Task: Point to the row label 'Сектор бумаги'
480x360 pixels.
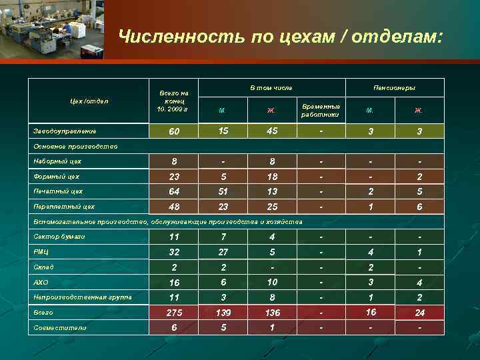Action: tap(59, 237)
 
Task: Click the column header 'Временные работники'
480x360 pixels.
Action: tap(321, 110)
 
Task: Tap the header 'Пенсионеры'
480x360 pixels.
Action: tap(395, 87)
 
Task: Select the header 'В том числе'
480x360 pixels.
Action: tap(271, 87)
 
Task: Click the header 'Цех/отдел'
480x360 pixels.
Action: tap(89, 101)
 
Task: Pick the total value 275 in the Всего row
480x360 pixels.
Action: tap(174, 313)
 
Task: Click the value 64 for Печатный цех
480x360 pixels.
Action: tap(174, 192)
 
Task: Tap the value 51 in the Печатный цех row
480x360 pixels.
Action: tap(223, 192)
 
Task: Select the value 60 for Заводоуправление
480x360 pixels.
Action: tap(174, 132)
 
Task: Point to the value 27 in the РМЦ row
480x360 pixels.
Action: tap(223, 252)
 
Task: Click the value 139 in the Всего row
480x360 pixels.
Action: tap(223, 313)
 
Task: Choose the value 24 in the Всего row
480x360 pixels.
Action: tap(419, 313)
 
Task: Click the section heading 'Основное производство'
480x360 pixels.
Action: tap(75, 147)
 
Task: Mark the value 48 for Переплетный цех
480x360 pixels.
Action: tap(174, 207)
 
